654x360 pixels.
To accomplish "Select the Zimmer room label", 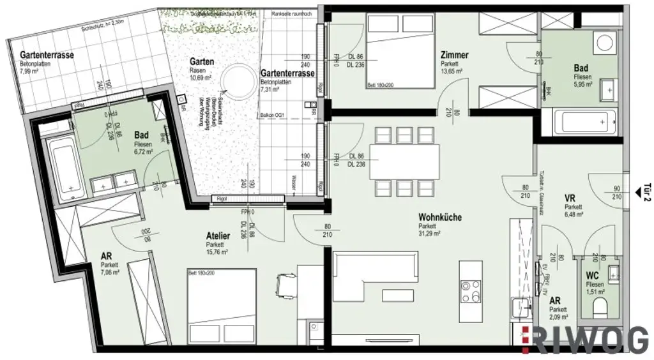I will click(454, 56).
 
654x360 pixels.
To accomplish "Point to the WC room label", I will click(593, 275).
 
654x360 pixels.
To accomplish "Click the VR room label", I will click(570, 199).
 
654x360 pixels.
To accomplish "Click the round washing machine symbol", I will click(602, 43).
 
